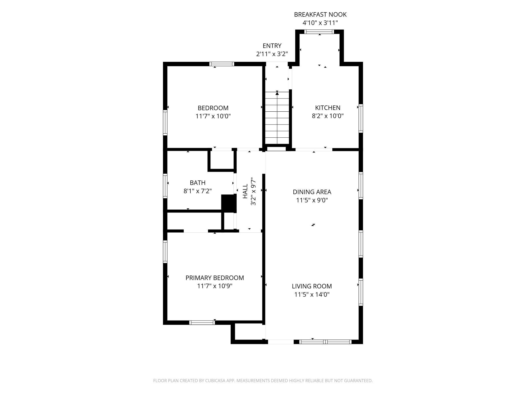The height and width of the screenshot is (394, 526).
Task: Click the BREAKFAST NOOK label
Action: coord(320,15)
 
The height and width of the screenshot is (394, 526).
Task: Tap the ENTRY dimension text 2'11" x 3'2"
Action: coord(272,54)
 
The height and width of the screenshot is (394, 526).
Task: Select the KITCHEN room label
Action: coord(327,108)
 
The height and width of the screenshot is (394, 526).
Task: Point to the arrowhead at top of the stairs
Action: coord(277,93)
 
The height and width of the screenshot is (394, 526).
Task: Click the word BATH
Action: coord(198,183)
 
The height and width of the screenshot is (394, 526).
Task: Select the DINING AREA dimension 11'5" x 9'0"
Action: coord(312,200)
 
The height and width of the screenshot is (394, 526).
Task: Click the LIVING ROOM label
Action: coord(312,286)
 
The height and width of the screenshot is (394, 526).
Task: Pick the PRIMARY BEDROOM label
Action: coord(214,278)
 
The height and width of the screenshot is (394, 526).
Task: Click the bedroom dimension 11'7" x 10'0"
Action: coord(213,116)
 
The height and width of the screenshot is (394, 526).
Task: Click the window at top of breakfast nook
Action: coord(319,32)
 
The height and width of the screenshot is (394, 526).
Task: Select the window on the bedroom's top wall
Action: coord(222,64)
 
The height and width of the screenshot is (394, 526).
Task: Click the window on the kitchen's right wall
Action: coord(361,118)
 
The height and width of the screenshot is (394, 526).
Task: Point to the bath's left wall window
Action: coord(165,186)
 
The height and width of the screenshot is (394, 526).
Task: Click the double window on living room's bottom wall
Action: coord(325,342)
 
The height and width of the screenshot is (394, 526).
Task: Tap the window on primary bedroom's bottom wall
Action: coord(202,322)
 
